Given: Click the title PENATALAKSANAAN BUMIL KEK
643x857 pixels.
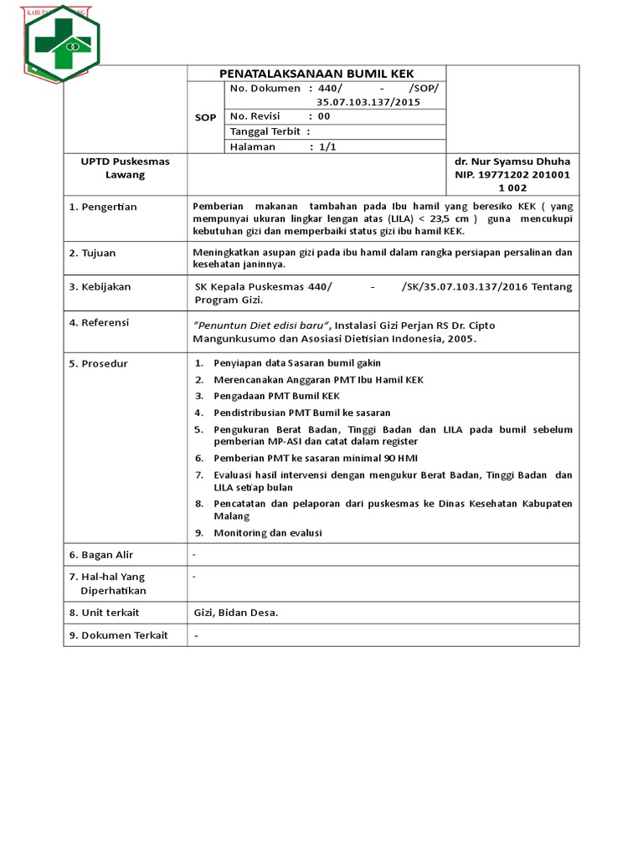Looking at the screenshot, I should [316, 74].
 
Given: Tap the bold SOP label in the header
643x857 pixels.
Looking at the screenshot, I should [205, 117].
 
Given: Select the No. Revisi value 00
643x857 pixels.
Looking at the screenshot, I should [324, 116].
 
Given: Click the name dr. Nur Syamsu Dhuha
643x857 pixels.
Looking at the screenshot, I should [512, 162].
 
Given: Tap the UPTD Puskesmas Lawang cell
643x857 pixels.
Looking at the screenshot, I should [125, 168].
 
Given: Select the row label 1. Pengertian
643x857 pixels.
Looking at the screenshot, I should [103, 207].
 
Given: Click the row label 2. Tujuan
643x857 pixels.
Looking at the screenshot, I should [93, 253].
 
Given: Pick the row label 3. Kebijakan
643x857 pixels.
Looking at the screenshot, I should [100, 287].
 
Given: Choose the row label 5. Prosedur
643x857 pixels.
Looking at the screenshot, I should [99, 363].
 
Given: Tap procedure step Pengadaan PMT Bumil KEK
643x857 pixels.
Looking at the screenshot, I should [276, 396].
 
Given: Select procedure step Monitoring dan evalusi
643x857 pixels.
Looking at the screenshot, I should [267, 533].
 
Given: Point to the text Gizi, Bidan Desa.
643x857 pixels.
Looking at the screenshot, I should [235, 613].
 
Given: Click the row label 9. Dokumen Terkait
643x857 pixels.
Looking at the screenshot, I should [118, 635].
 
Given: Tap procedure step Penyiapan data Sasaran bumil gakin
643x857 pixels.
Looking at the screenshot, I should [296, 363].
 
